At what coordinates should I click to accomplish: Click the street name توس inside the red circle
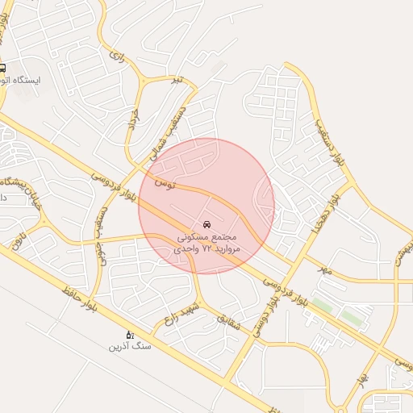165,186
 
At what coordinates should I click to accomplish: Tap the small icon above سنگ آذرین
129,334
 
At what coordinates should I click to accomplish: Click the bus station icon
3,69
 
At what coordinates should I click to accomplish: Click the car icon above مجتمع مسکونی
207,223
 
